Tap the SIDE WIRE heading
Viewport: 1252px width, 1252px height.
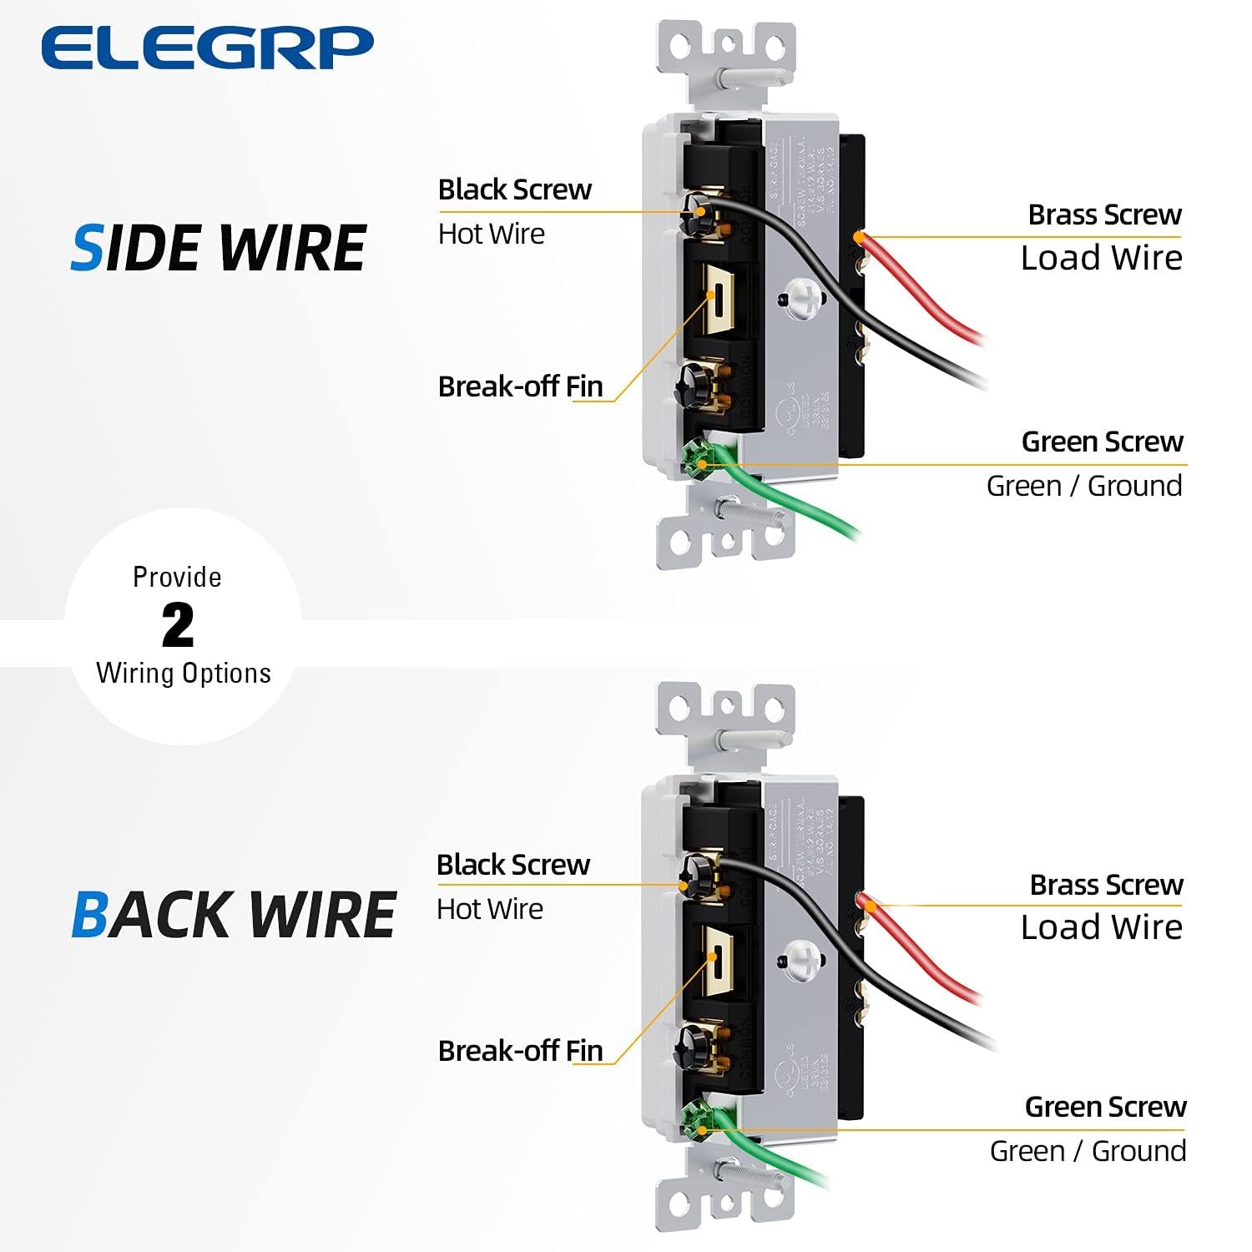(219, 249)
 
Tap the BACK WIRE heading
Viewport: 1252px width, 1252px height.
(233, 915)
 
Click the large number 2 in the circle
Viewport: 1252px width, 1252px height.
(178, 625)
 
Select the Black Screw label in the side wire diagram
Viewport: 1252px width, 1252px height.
(514, 189)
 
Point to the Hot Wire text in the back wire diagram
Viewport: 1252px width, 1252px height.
(489, 909)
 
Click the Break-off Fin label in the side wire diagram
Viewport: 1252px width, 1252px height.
(520, 386)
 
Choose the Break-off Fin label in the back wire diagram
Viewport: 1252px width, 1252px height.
(520, 1051)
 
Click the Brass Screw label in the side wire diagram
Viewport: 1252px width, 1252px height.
(1104, 215)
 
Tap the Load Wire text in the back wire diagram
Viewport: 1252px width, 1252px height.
(1101, 927)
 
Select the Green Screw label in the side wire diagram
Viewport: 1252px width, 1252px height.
(1102, 442)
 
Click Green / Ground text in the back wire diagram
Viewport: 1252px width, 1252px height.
(1088, 1151)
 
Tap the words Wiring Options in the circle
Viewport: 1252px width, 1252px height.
(184, 674)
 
